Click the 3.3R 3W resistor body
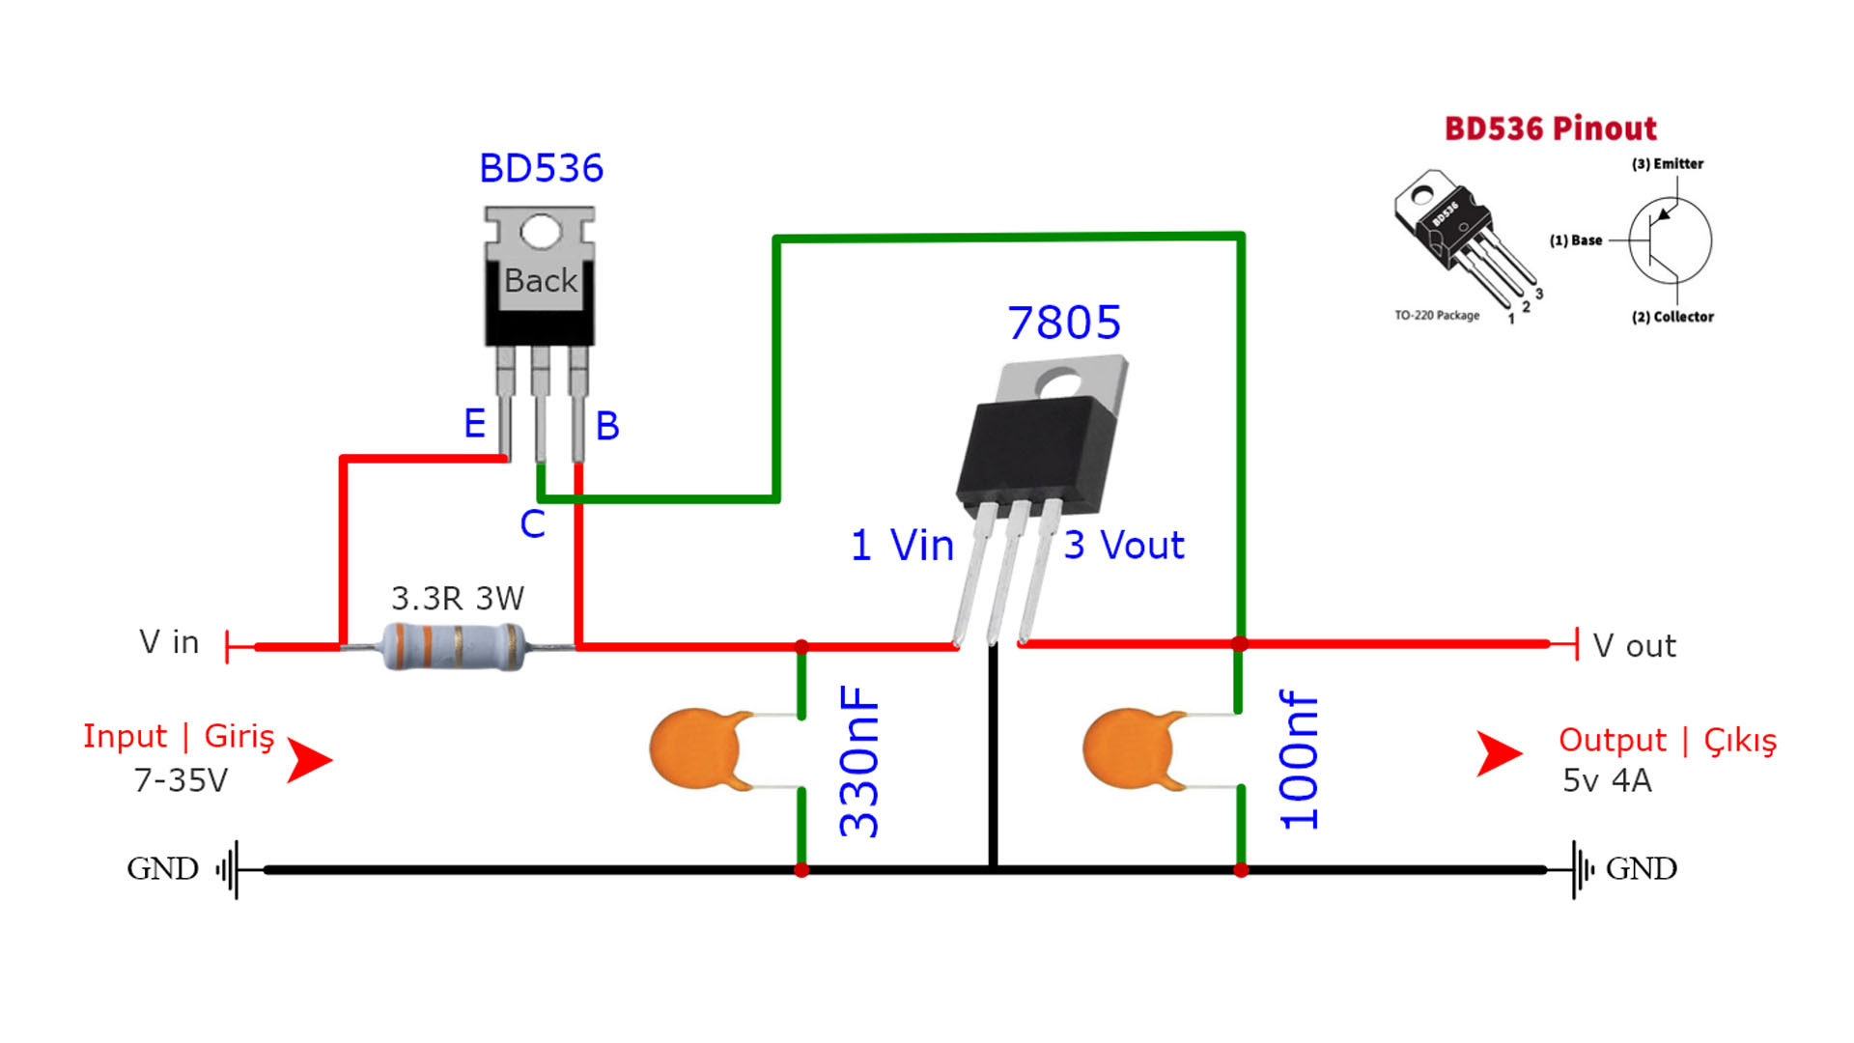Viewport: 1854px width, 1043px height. click(454, 646)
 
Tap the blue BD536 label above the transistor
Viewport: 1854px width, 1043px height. click(541, 168)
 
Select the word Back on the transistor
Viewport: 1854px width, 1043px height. click(541, 280)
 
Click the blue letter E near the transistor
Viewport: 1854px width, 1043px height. click(474, 423)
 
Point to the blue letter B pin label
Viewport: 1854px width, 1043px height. click(607, 426)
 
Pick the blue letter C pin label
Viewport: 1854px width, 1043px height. click(532, 523)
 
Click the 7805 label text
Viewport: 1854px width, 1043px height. click(1064, 323)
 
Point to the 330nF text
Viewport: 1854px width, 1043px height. click(859, 761)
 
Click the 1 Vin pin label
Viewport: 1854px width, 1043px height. click(902, 546)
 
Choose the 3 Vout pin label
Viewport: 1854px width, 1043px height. click(1124, 546)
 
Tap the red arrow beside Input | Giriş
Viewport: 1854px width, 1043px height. click(310, 760)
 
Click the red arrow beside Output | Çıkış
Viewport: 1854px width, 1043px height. click(1500, 754)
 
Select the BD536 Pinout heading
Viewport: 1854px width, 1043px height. click(1550, 128)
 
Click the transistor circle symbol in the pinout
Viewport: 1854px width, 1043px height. click(1670, 240)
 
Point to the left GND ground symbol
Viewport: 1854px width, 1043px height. click(228, 869)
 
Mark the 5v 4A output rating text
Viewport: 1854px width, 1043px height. click(1607, 780)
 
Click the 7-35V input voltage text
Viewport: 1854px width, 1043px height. click(181, 779)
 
